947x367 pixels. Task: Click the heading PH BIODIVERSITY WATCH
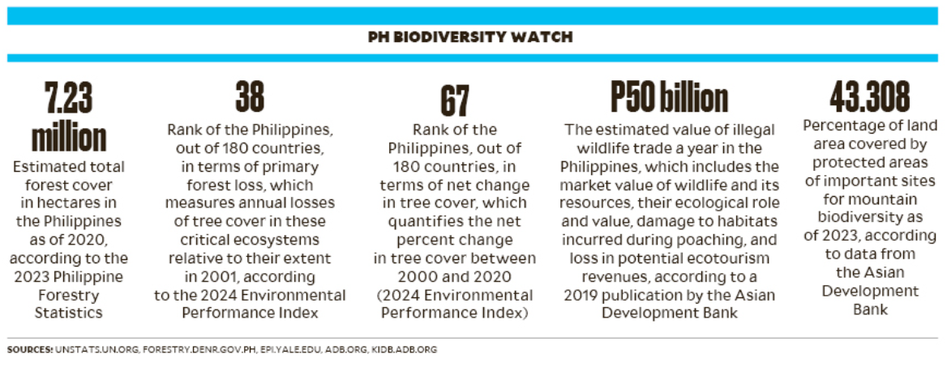pos(469,37)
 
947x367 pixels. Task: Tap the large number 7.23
pos(69,98)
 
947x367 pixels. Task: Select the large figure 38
pos(250,98)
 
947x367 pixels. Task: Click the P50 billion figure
pos(669,98)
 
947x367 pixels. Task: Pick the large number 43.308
pos(869,98)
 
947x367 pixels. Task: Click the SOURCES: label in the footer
pos(30,350)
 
